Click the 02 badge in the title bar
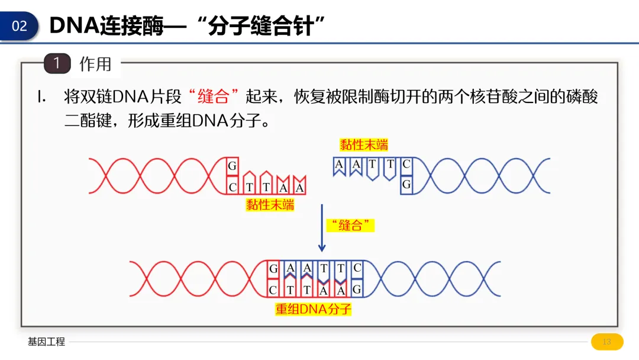[20, 26]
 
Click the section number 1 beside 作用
[57, 63]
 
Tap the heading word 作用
[95, 64]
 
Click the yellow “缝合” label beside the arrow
[351, 225]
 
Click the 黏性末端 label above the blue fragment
[364, 144]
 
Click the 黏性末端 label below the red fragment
[270, 205]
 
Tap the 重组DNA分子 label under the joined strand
[314, 309]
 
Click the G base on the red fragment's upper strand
[233, 166]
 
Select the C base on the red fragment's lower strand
[233, 187]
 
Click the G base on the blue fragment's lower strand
[406, 185]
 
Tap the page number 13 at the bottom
[606, 342]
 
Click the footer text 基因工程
[46, 342]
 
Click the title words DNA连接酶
[106, 26]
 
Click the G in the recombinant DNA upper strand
[273, 269]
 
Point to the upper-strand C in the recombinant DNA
[357, 268]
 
